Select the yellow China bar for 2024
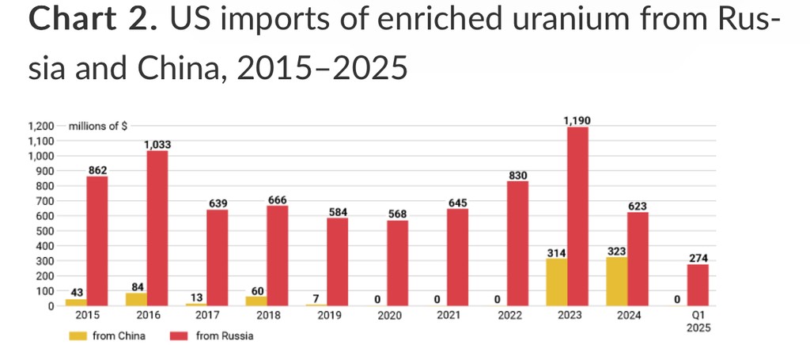click(x=616, y=282)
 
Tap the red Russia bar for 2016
click(x=157, y=228)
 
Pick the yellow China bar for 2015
click(x=77, y=302)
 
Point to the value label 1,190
click(x=577, y=120)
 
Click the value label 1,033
click(x=157, y=144)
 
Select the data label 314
click(x=556, y=252)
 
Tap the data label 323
click(x=616, y=251)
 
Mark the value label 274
click(x=698, y=258)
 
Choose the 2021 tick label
click(x=449, y=316)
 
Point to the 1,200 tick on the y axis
click(x=41, y=126)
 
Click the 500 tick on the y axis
click(x=46, y=231)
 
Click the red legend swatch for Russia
click(x=180, y=335)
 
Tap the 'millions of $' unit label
click(x=98, y=126)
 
